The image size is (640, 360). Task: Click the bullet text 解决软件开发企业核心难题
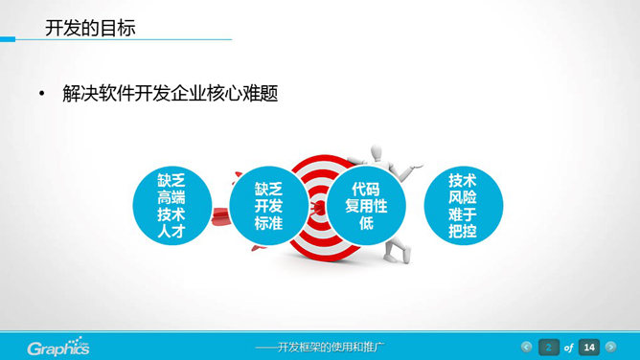pyautogui.click(x=170, y=95)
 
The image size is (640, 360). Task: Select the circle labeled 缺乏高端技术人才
pyautogui.click(x=172, y=207)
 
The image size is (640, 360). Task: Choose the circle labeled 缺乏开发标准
pyautogui.click(x=268, y=207)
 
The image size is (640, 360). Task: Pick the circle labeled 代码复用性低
pyautogui.click(x=366, y=206)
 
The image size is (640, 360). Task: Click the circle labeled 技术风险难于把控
pyautogui.click(x=463, y=206)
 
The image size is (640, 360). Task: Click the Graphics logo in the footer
pyautogui.click(x=57, y=347)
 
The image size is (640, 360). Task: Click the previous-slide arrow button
pyautogui.click(x=526, y=347)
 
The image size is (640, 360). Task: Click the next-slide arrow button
pyautogui.click(x=611, y=347)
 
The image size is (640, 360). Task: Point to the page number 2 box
pyautogui.click(x=549, y=347)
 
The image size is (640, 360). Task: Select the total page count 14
pyautogui.click(x=589, y=347)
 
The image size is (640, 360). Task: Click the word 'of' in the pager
pyautogui.click(x=569, y=347)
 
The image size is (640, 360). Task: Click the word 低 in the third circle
pyautogui.click(x=366, y=223)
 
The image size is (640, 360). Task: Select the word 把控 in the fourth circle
pyautogui.click(x=463, y=232)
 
